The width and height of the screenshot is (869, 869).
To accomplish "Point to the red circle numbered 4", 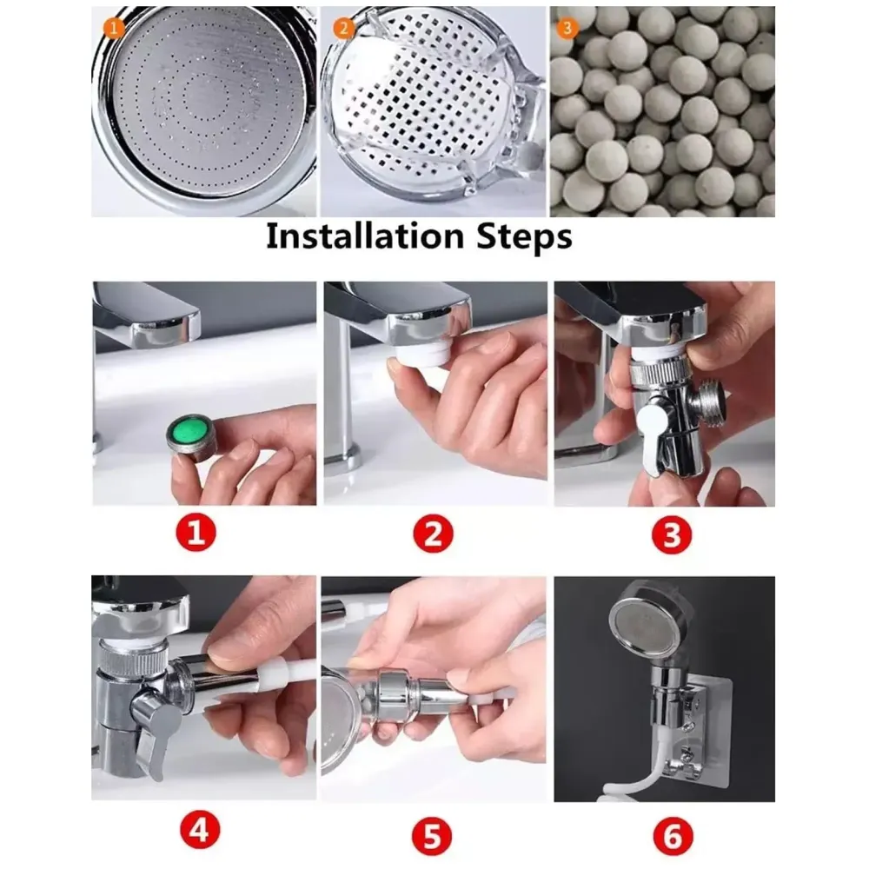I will coord(198,835).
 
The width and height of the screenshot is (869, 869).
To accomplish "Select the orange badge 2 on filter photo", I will coord(344,28).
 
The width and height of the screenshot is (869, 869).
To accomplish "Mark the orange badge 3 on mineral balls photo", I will coord(567,28).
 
